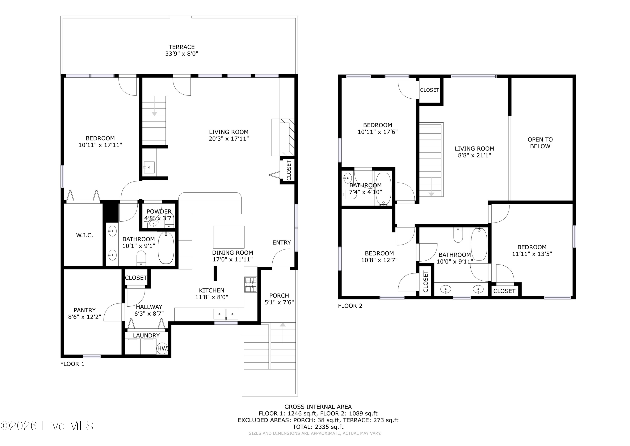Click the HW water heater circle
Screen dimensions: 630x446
pyautogui.click(x=162, y=348)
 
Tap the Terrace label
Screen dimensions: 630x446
pyautogui.click(x=182, y=47)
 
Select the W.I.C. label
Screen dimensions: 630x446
pyautogui.click(x=84, y=235)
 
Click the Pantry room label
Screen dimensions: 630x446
pyautogui.click(x=84, y=310)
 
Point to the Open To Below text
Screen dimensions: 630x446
pyautogui.click(x=540, y=143)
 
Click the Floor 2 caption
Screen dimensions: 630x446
pyautogui.click(x=350, y=306)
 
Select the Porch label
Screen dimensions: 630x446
pyautogui.click(x=279, y=295)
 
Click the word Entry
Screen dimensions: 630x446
pyautogui.click(x=282, y=242)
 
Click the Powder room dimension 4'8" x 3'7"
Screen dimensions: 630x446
pyautogui.click(x=159, y=218)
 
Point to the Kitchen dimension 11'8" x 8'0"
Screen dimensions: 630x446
pyautogui.click(x=211, y=297)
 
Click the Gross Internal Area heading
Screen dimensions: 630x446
pyautogui.click(x=318, y=407)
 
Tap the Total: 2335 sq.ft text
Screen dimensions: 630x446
pyautogui.click(x=318, y=427)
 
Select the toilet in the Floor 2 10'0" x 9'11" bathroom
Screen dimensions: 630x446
pyautogui.click(x=458, y=235)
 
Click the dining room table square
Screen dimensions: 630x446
pyautogui.click(x=228, y=237)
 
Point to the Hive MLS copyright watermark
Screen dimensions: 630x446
pyautogui.click(x=47, y=426)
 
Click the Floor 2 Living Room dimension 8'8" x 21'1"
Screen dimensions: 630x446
pyautogui.click(x=474, y=155)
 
